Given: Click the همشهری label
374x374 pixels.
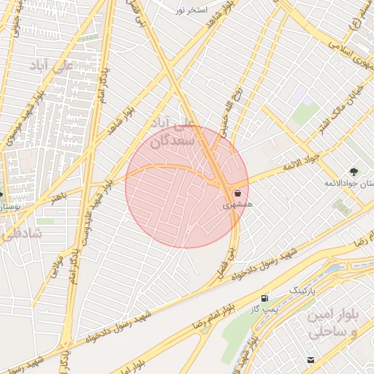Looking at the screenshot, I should [238, 206].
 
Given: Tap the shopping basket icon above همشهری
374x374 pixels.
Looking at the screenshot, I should [238, 194].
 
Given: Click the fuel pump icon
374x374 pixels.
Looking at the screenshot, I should [264, 298].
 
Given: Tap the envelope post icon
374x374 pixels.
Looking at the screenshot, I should [311, 360].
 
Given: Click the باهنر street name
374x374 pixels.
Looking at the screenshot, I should [58, 196].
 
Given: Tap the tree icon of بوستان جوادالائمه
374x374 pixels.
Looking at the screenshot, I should [354, 171].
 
